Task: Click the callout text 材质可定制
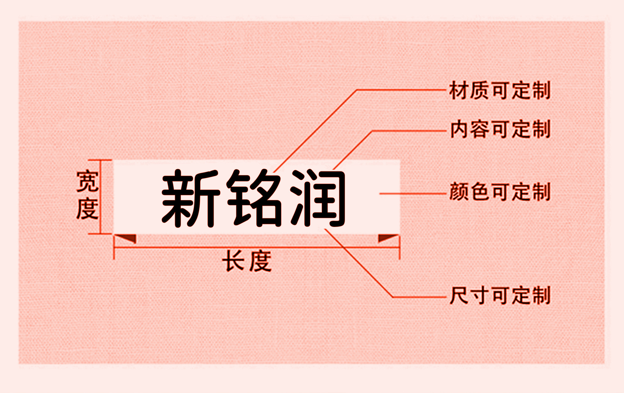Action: point(500,91)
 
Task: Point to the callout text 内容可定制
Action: point(500,129)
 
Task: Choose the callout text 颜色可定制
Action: point(500,192)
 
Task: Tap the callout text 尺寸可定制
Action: point(500,295)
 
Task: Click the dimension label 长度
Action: point(247,261)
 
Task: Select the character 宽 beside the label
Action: point(87,181)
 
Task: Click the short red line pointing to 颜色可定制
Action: point(412,193)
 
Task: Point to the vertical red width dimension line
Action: point(101,197)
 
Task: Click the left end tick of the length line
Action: point(114,247)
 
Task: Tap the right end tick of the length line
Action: point(399,247)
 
